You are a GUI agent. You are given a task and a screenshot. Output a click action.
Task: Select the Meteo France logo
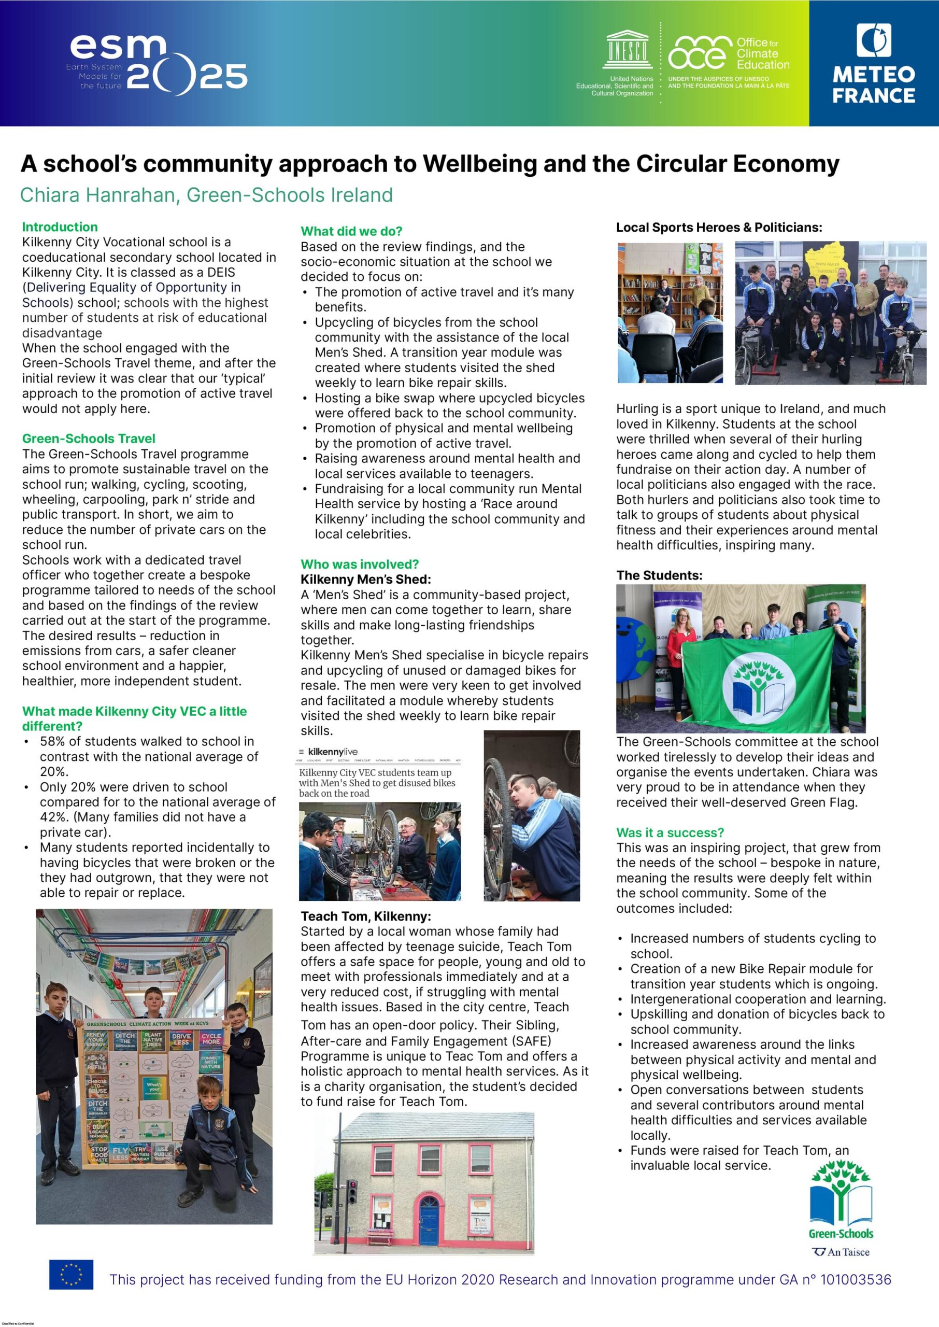coord(873,63)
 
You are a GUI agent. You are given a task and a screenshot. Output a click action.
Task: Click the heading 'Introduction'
coord(60,227)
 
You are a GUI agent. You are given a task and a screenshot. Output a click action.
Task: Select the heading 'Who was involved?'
coord(359,564)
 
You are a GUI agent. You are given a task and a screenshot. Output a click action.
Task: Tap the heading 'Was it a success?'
coord(670,832)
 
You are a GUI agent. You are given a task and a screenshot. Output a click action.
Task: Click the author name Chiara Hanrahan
coord(96,195)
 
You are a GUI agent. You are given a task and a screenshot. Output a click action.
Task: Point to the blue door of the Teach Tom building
coord(429,1221)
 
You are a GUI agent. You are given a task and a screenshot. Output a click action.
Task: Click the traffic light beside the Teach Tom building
coord(351,1191)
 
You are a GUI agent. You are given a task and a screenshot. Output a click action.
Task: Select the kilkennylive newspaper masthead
coord(333,751)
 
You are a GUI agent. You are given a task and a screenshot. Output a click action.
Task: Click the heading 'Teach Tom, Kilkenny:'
coord(365,916)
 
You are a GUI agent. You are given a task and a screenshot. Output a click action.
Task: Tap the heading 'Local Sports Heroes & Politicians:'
coord(719,227)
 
